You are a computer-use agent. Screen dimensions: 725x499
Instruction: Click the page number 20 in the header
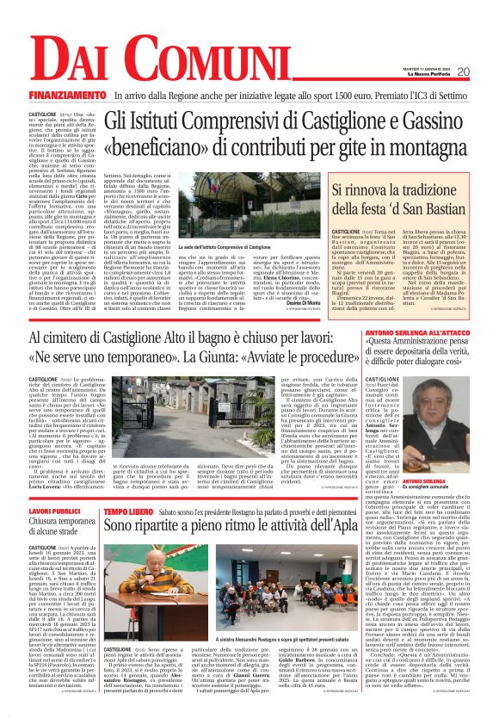pos(462,71)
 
